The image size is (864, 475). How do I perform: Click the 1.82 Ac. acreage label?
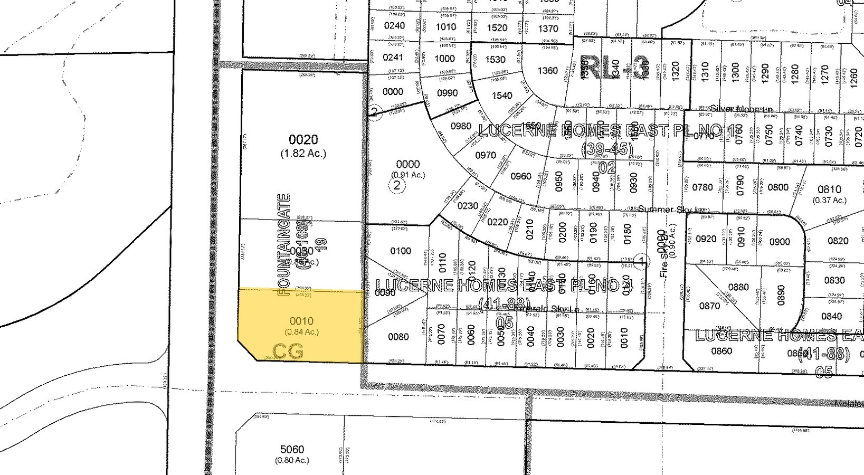coord(303,154)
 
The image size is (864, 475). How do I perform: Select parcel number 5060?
coord(292,449)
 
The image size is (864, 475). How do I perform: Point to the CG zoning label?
coord(288,351)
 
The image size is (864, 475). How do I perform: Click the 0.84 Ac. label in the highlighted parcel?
coord(302,332)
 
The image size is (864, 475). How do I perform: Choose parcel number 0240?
coord(394,26)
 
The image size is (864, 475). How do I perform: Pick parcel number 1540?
coord(502,96)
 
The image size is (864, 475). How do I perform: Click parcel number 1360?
coord(547,70)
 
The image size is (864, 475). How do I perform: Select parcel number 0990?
coord(448,93)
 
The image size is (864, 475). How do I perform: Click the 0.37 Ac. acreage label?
coord(829,200)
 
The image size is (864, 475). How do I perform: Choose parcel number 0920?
coord(706,239)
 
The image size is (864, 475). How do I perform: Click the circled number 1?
coord(641,260)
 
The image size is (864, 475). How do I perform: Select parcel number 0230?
coord(468,206)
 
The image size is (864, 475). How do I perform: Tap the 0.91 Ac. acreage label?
coord(407,175)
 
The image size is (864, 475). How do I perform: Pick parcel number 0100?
coord(401,251)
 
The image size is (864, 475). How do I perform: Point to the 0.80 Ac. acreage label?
coord(292,460)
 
